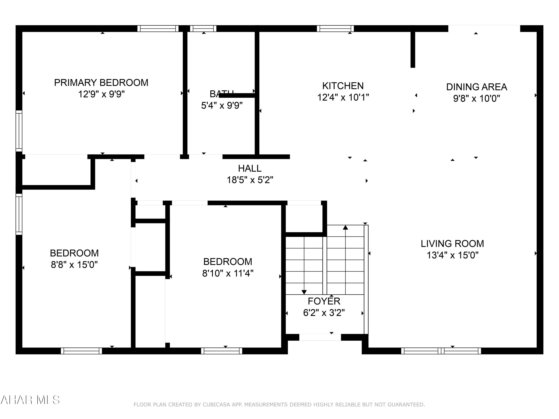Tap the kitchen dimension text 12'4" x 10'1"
coord(343,97)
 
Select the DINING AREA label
coord(476,87)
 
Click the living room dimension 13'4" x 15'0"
coord(452,255)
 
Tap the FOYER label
coord(324,301)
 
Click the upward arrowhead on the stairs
coord(345,228)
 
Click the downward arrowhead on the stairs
coord(304,292)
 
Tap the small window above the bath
coord(203,28)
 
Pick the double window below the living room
coord(441,351)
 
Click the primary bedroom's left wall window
coord(19,131)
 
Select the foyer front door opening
coord(320,337)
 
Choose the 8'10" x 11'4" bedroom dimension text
coord(228,273)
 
